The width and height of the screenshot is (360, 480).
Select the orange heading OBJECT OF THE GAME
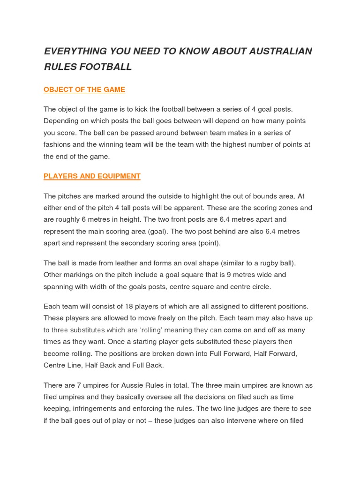[84, 90]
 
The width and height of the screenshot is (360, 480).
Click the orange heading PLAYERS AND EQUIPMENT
[92, 176]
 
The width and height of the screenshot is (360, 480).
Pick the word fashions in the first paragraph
[58, 144]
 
